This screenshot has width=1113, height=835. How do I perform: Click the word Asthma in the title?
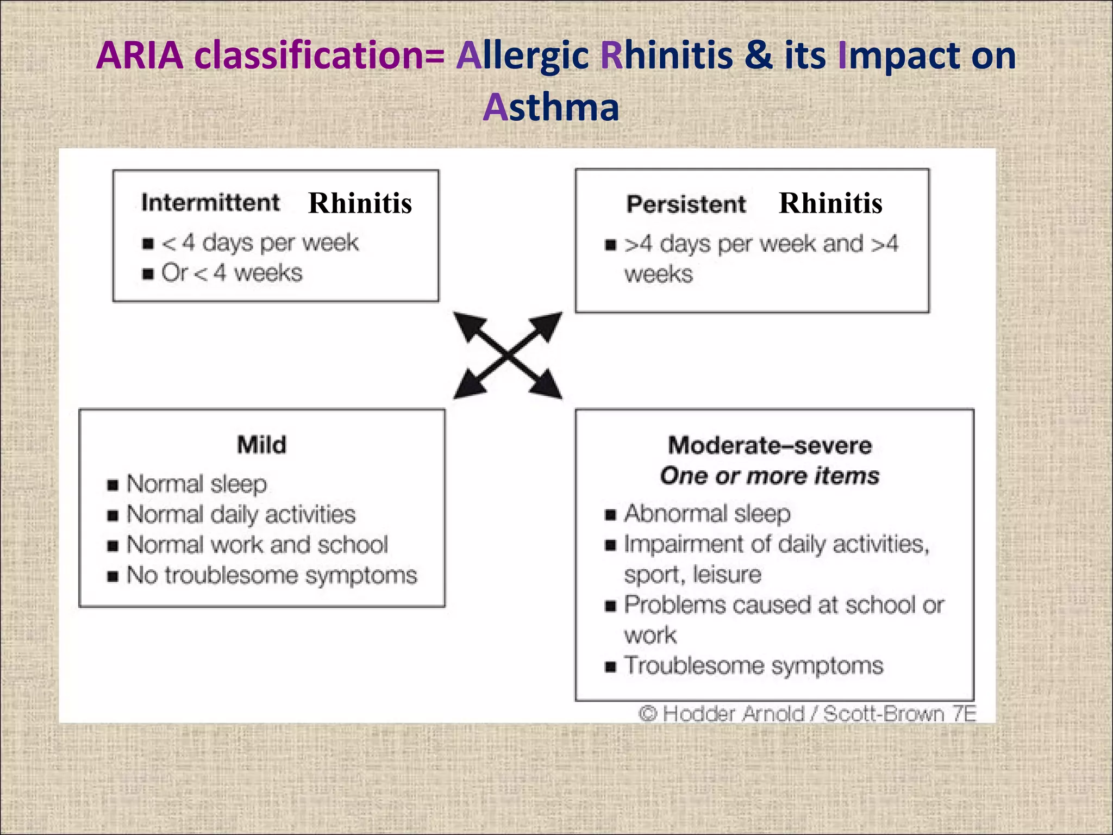(551, 107)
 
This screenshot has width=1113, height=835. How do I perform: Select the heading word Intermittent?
(210, 203)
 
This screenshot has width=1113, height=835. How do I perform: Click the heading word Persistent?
(686, 204)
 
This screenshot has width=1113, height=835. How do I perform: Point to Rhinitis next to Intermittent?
(360, 203)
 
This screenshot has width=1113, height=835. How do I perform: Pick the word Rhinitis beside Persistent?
(830, 203)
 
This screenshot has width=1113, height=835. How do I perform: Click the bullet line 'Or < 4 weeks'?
(232, 273)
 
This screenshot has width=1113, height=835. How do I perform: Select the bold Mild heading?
(261, 445)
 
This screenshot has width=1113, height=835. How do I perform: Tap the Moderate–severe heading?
(770, 446)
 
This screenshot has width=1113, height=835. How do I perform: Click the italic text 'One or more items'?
(770, 476)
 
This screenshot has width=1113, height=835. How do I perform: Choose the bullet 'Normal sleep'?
(197, 484)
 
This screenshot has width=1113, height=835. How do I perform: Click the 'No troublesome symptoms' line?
(272, 575)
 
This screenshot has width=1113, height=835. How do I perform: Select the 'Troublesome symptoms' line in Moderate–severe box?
(754, 666)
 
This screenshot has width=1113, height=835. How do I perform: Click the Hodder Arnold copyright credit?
(807, 713)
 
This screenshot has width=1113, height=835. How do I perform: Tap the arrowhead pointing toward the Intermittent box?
(466, 323)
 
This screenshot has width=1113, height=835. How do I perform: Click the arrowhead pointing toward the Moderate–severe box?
(549, 387)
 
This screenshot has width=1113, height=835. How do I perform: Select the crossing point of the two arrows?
(508, 356)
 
